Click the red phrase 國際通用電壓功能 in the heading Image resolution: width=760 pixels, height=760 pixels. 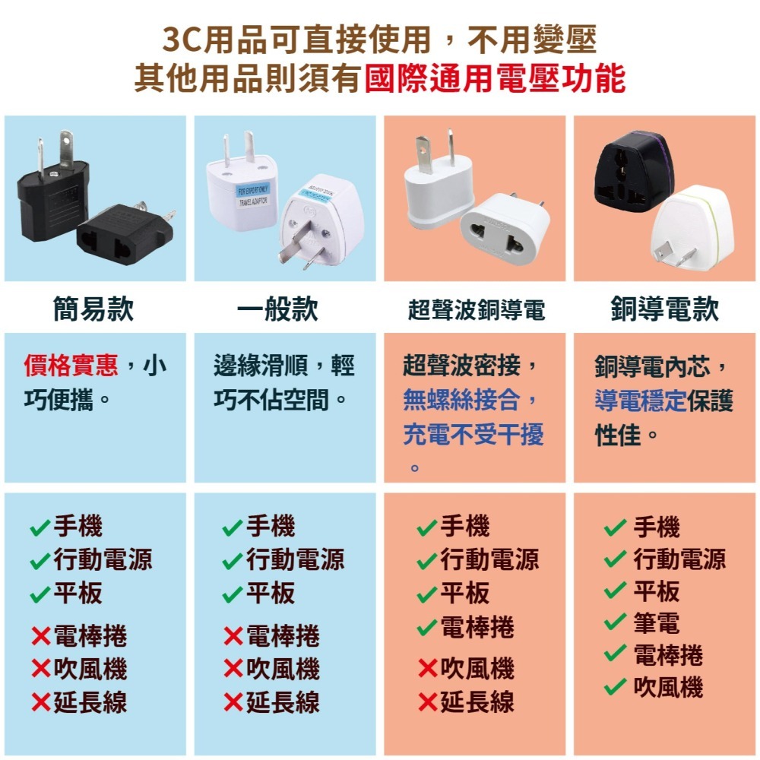point(495,79)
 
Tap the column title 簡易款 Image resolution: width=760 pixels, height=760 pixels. point(93,309)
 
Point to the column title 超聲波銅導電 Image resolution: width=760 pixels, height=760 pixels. point(477,310)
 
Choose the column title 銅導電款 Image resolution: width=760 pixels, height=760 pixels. point(664,309)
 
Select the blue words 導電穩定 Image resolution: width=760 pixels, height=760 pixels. point(641,401)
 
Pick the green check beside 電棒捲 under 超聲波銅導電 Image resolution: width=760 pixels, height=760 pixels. point(427,629)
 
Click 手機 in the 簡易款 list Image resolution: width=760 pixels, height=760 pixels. point(78,525)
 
